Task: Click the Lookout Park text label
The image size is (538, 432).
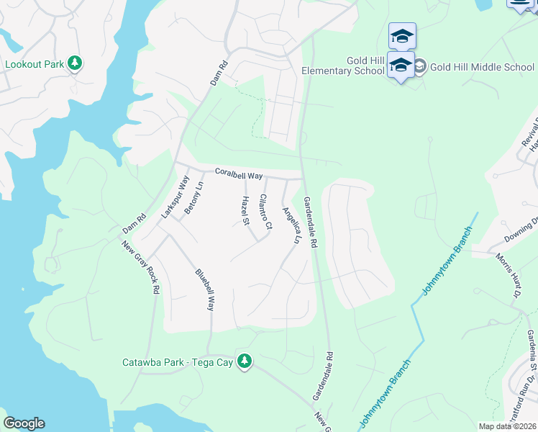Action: point(35,63)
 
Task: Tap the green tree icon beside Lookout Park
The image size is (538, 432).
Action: point(75,63)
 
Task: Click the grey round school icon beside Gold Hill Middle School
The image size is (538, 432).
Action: point(419,67)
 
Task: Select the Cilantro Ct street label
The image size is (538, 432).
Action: point(265,212)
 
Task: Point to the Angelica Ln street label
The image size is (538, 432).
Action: point(291,225)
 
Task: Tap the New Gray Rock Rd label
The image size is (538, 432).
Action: point(140,268)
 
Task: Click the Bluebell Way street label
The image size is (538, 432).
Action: point(205,290)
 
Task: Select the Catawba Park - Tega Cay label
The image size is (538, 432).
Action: point(178,362)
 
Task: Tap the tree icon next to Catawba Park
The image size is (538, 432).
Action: point(245,361)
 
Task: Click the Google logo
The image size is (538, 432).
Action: point(24,423)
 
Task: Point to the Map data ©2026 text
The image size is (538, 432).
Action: point(507,426)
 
